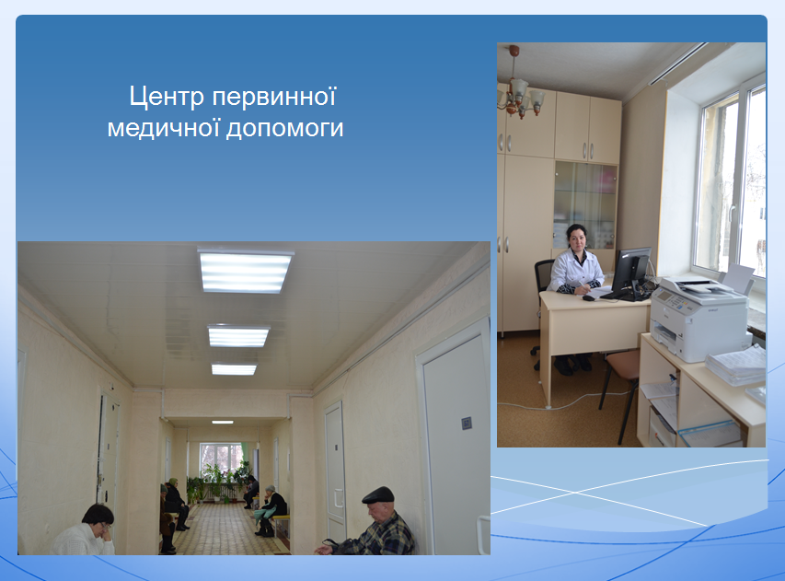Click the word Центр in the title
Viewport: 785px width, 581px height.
[x=167, y=96]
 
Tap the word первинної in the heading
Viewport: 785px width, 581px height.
[x=274, y=96]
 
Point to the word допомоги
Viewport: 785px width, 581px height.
[x=285, y=129]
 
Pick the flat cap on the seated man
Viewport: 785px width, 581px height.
[x=378, y=494]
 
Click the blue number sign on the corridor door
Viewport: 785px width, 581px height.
[x=466, y=424]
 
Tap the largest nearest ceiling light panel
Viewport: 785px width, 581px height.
[x=245, y=271]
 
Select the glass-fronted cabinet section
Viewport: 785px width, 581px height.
[x=585, y=204]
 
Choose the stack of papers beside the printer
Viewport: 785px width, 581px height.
[x=737, y=366]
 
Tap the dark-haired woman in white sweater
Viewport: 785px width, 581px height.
[x=87, y=531]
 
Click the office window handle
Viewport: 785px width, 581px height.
[x=733, y=214]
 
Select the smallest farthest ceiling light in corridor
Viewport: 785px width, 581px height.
[x=223, y=423]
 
